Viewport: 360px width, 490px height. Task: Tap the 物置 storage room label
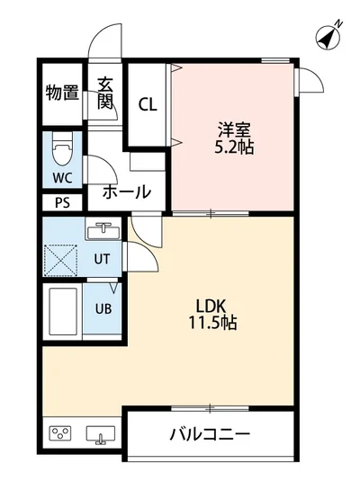62,92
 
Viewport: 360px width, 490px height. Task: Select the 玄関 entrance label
104,93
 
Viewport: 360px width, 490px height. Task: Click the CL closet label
148,103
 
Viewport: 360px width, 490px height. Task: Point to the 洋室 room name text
234,128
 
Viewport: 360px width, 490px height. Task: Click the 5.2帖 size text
234,147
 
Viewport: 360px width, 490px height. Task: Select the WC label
62,176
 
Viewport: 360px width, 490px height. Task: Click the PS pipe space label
62,202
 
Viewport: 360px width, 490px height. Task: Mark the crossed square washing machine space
61,259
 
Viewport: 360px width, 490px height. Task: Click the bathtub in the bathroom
61,310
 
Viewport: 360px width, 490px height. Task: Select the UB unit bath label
103,308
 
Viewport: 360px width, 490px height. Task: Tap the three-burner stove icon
61,435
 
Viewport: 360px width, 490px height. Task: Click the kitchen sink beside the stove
101,435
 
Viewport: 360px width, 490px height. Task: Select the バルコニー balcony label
210,435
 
